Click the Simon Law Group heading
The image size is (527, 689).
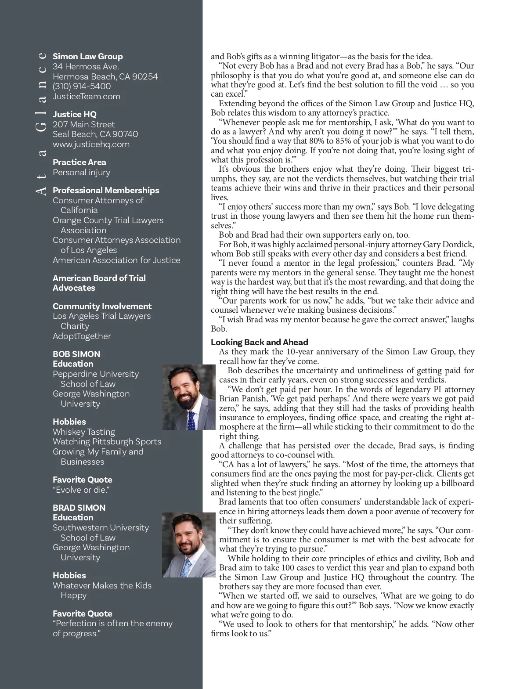coord(88,56)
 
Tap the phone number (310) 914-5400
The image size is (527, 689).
coord(82,86)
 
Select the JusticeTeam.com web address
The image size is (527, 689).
coord(87,96)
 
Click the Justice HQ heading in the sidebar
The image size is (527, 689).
coord(75,114)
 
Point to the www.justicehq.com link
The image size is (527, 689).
coord(91,144)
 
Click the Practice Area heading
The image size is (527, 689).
coord(79,162)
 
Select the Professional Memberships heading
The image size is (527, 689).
coord(106,190)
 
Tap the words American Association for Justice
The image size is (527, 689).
coord(116,260)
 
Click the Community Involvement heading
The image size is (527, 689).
coord(102,306)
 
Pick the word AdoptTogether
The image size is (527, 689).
coord(82,336)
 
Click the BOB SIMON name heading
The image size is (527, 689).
coord(76,354)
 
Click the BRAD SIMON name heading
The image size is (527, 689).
coord(79,508)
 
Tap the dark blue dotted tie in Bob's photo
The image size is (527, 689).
coord(191,419)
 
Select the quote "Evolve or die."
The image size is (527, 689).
coord(81,490)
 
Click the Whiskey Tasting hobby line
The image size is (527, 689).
coord(84,432)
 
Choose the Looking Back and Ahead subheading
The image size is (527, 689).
coord(260,342)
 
